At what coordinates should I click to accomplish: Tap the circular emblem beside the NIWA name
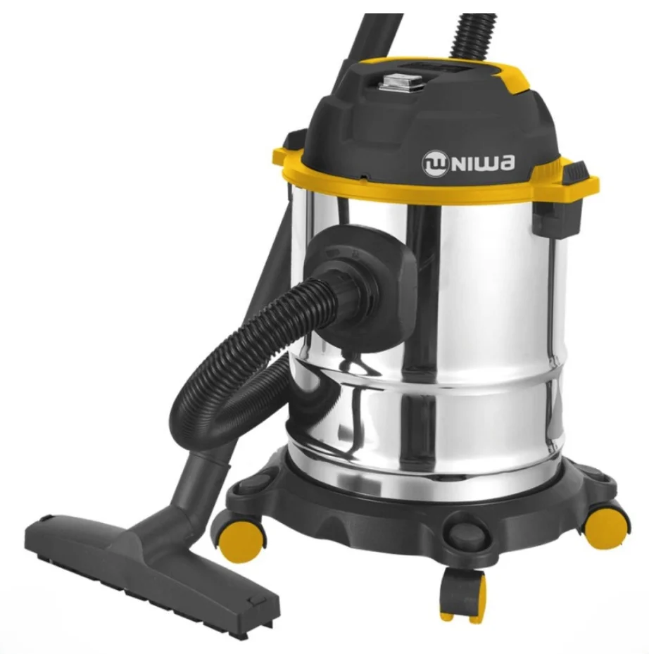435,164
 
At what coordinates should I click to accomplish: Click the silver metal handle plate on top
401,82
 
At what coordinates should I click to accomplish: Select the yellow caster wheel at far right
605,528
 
